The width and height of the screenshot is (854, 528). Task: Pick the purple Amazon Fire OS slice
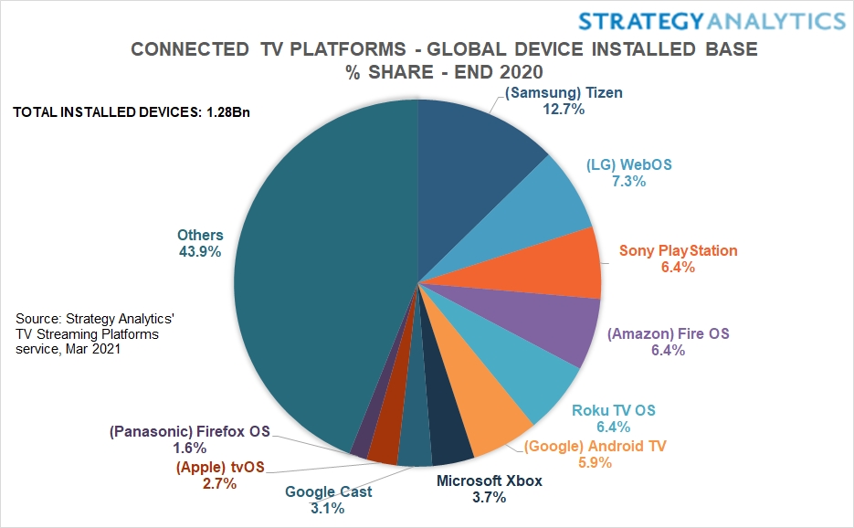548,320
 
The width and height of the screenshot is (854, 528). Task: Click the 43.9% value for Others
199,252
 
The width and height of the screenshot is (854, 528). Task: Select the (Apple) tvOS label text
219,467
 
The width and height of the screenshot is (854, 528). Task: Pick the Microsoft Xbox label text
489,480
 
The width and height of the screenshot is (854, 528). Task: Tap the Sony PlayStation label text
678,250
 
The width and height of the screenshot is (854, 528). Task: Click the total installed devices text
132,113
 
